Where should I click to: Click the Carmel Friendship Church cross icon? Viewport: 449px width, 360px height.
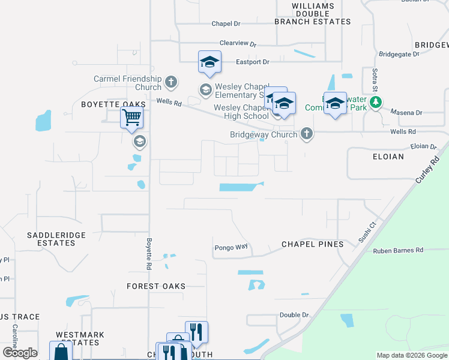click(x=170, y=82)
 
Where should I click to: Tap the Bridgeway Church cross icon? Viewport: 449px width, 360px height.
click(x=307, y=133)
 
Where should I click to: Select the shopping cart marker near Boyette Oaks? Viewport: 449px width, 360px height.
click(x=131, y=117)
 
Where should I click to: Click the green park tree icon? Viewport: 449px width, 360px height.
click(x=376, y=103)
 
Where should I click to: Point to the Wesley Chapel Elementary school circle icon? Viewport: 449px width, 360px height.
click(x=205, y=90)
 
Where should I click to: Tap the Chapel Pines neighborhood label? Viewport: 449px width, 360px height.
click(x=313, y=244)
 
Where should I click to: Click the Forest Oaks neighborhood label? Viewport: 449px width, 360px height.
click(x=156, y=286)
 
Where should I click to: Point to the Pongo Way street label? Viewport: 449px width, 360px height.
click(x=231, y=247)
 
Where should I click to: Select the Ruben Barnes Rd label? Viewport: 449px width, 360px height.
click(x=398, y=250)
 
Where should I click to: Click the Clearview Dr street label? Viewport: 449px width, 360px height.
click(x=238, y=44)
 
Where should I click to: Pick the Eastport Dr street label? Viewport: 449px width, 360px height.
click(x=253, y=62)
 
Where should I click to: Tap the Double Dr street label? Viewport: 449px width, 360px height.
click(x=294, y=315)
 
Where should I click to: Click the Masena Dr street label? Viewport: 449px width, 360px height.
click(x=406, y=112)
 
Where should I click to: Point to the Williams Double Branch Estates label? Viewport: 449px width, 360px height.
click(x=312, y=14)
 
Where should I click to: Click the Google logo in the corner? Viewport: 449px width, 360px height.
click(x=20, y=353)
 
